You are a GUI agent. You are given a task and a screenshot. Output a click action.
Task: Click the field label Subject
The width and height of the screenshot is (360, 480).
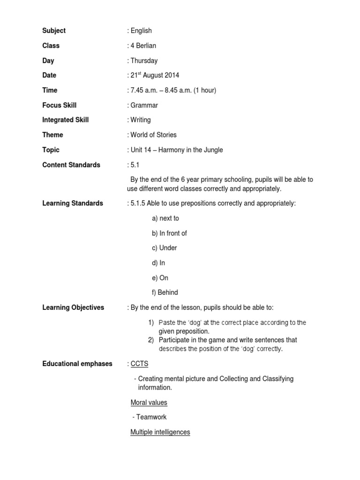[54, 31]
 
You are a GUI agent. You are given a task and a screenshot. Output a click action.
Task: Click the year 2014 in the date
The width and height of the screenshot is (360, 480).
[171, 75]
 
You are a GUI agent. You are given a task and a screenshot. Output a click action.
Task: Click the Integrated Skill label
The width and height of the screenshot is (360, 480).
[65, 120]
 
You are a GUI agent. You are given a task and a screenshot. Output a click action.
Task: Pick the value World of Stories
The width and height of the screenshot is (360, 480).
[153, 135]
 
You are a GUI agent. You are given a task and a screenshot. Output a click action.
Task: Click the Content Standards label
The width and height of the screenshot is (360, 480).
[71, 165]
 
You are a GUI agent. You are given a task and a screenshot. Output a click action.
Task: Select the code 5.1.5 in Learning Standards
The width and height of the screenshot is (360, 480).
[139, 203]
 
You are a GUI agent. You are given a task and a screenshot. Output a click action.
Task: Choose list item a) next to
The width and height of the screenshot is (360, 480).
[165, 218]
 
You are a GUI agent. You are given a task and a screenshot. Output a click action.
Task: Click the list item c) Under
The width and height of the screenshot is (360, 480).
[165, 248]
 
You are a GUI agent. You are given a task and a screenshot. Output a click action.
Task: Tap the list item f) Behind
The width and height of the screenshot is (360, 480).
[165, 292]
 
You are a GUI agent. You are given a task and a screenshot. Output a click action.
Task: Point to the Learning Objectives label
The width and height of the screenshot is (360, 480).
[73, 307]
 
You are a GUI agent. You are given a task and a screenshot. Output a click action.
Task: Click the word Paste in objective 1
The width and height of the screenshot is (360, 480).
[167, 322]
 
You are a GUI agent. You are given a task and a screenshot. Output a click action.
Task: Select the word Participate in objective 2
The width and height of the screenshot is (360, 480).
[176, 340]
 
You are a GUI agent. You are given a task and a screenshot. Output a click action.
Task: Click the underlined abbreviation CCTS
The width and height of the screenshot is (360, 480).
[139, 364]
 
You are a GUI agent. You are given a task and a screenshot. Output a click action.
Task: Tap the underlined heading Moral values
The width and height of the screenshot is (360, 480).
[149, 402]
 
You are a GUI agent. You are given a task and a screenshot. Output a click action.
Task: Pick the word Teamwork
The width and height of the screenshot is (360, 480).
[151, 417]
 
